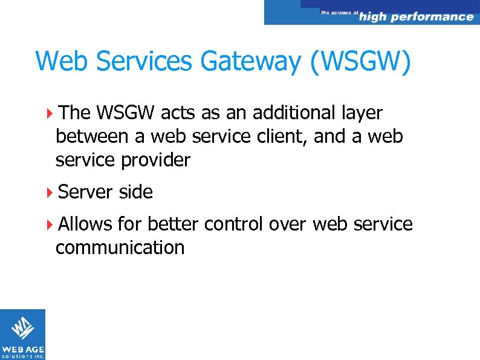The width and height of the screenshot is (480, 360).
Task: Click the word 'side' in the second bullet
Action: [x=136, y=192]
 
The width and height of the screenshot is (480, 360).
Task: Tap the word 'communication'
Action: [x=120, y=247]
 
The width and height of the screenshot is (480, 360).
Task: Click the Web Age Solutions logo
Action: [x=22, y=334]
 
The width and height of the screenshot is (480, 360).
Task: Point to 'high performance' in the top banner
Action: [x=417, y=16]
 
